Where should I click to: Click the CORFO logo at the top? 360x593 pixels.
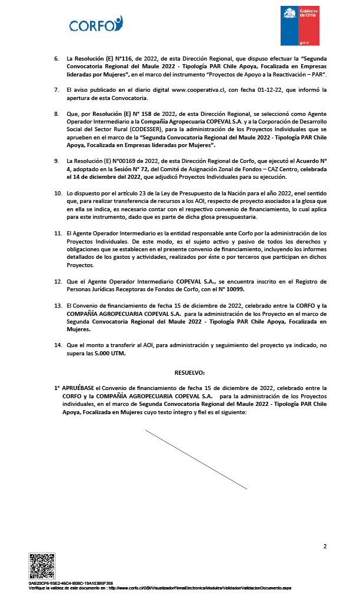point(95,24)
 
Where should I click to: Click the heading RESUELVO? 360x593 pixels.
point(189,373)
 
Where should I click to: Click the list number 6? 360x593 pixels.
point(56,59)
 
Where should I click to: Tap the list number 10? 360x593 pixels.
point(58,193)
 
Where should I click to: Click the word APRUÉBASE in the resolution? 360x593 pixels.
point(78,389)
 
